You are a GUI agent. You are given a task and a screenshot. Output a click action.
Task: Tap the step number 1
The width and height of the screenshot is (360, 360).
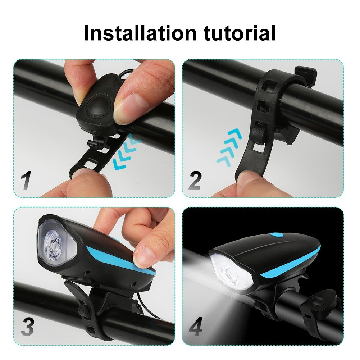(x=26, y=180)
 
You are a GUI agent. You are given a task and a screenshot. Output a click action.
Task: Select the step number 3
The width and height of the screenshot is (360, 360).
(x=27, y=327)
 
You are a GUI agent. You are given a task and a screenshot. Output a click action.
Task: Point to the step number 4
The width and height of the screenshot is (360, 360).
(x=195, y=327)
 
